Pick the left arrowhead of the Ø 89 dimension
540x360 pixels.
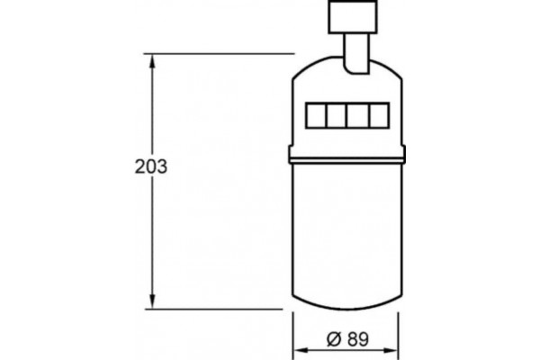(x=300, y=350)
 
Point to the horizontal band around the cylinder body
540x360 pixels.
(x=346, y=159)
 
